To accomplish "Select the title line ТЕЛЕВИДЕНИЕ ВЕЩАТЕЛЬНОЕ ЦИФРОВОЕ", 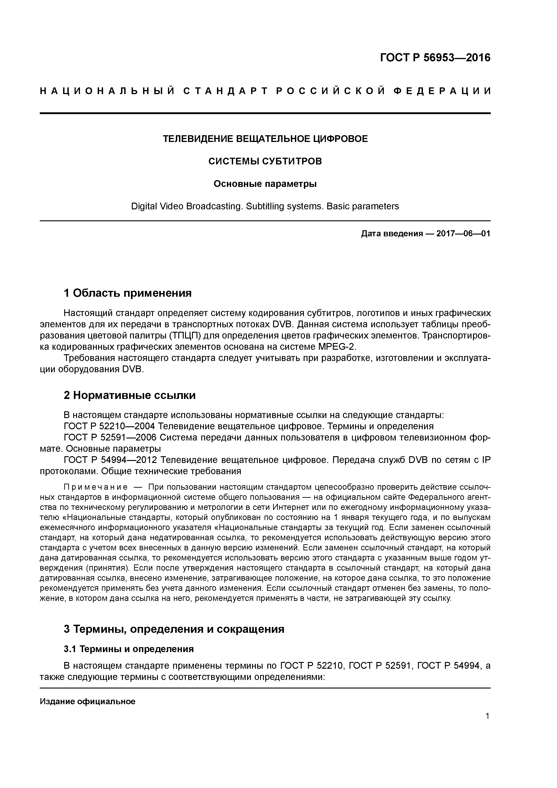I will tap(265, 139).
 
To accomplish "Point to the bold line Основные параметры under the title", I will tap(265, 184).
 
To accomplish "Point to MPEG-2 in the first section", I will tap(337, 346).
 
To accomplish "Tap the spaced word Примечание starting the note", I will tap(96, 487).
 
